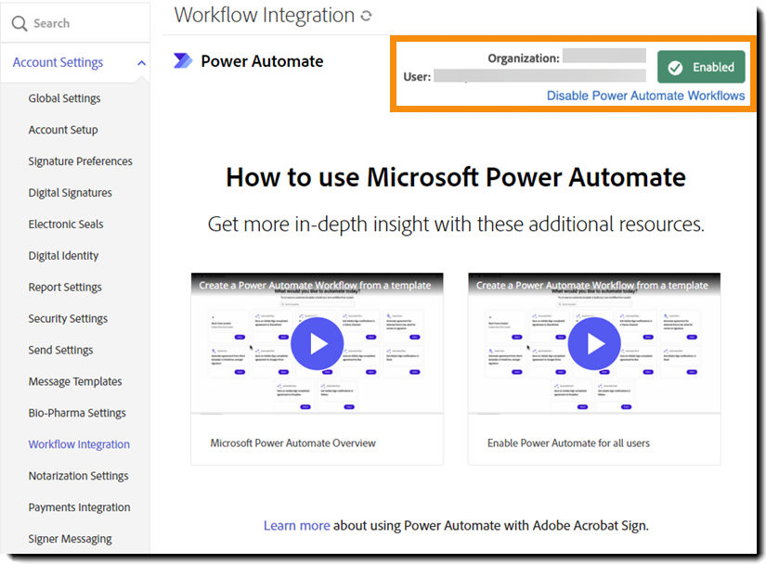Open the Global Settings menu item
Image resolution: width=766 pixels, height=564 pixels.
pos(64,98)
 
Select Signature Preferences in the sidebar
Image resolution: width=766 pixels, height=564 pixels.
pos(80,161)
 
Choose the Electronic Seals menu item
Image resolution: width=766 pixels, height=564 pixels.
pos(66,224)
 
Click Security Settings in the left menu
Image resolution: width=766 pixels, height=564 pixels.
pos(68,319)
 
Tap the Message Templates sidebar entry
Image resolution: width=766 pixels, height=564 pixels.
pos(75,381)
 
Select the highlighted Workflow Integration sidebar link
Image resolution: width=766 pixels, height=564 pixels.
pos(79,444)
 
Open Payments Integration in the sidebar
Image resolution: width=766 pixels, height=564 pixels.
pos(79,507)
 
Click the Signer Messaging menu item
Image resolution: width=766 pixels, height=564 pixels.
pos(70,539)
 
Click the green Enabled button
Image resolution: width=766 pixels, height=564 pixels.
pos(701,67)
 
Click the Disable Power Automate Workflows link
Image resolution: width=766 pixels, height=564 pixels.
pos(645,96)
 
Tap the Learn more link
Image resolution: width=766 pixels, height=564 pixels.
pos(296,525)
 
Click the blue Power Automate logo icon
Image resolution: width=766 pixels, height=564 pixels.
pos(183,61)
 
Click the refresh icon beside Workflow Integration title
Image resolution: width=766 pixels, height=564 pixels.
pos(367,16)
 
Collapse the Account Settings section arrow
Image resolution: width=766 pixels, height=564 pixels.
pos(141,63)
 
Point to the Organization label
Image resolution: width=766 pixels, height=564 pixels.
pos(524,58)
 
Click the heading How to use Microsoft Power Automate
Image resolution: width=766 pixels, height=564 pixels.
pos(455,177)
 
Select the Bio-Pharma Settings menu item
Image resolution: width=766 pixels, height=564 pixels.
pos(77,413)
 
